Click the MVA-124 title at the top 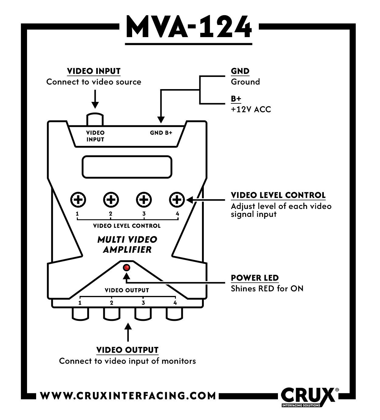click(189, 27)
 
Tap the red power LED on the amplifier click(126, 268)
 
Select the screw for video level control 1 click(78, 200)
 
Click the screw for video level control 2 click(111, 200)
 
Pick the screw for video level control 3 click(144, 200)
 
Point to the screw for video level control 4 click(176, 200)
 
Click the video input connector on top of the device click(95, 119)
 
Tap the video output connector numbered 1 click(80, 314)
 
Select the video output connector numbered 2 click(111, 314)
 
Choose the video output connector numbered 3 click(143, 314)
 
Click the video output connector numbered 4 click(174, 314)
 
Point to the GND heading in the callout click(240, 71)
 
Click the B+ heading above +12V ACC click(236, 99)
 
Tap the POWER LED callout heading click(255, 278)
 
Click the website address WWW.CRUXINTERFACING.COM click(128, 396)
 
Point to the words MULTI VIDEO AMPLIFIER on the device click(127, 245)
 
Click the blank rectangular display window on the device click(127, 167)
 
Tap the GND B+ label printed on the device click(161, 133)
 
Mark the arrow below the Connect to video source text click(95, 99)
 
